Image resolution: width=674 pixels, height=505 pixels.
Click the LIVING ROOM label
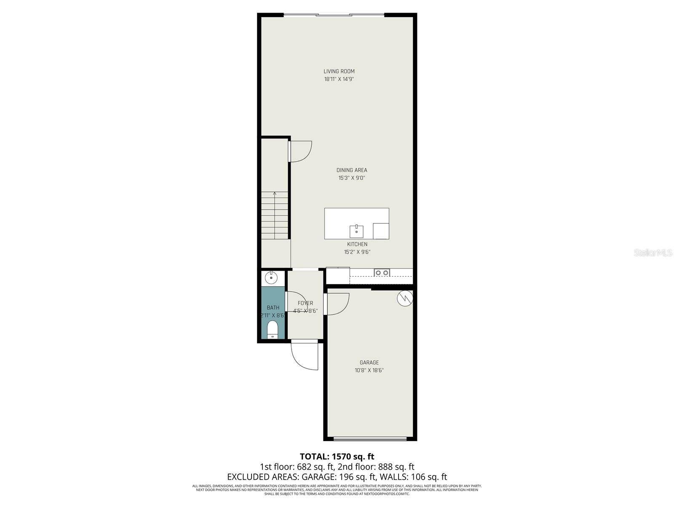click(339, 71)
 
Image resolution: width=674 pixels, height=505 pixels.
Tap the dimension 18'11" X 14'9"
click(339, 79)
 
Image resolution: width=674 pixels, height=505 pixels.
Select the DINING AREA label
click(351, 170)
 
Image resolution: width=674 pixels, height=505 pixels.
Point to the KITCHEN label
click(357, 244)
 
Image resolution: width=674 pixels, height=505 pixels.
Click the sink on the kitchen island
click(356, 231)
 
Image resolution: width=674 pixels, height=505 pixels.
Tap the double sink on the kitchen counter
click(382, 273)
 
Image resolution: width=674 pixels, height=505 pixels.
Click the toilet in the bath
click(273, 330)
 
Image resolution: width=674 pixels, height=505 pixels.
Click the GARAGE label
click(369, 362)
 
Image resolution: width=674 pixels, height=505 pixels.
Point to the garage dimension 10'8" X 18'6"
click(369, 370)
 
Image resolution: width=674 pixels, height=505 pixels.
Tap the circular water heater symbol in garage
click(404, 298)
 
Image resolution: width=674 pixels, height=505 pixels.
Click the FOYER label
click(305, 303)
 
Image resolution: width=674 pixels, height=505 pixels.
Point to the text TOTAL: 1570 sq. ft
click(337, 456)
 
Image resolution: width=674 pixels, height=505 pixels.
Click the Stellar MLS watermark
click(653, 253)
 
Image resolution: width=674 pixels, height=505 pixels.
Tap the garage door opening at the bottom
click(370, 439)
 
